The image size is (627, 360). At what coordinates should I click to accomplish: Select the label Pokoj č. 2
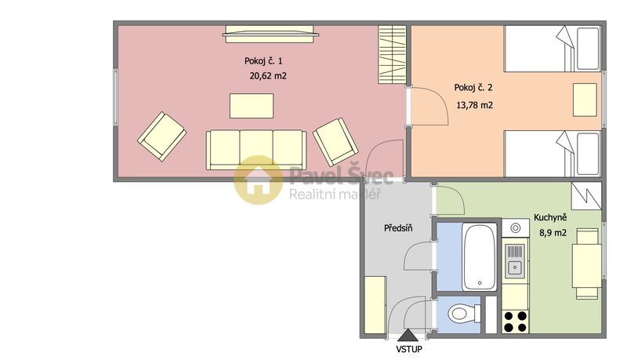pyautogui.click(x=473, y=87)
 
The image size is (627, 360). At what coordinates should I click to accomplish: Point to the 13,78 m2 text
pyautogui.click(x=473, y=104)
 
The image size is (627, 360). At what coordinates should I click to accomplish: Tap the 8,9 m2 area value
pyautogui.click(x=553, y=231)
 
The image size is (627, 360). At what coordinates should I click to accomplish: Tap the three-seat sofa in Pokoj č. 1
pyautogui.click(x=256, y=149)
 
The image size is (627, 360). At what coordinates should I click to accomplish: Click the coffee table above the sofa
pyautogui.click(x=252, y=106)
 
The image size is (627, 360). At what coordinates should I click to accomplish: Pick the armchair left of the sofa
pyautogui.click(x=161, y=135)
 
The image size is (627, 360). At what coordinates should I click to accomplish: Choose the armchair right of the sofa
pyautogui.click(x=335, y=141)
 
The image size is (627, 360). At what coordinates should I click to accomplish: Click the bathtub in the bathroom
pyautogui.click(x=478, y=256)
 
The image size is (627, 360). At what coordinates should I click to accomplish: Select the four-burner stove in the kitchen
pyautogui.click(x=514, y=321)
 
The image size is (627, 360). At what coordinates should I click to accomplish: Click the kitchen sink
pyautogui.click(x=514, y=261)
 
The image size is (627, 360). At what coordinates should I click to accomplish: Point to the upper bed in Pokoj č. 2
pyautogui.click(x=553, y=49)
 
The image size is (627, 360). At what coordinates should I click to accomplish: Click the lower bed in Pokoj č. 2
pyautogui.click(x=553, y=155)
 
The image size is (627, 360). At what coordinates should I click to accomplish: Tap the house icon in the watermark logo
pyautogui.click(x=259, y=180)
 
